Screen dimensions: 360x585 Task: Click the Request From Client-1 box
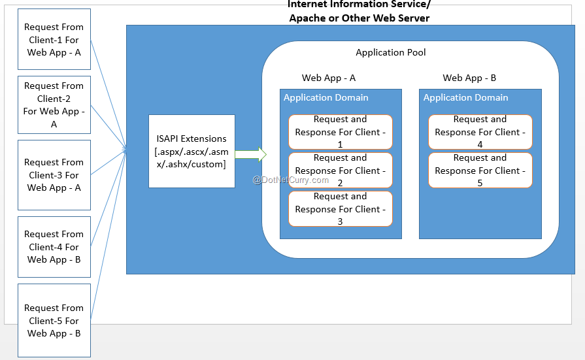(54, 39)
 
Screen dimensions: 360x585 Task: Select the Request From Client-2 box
(54, 105)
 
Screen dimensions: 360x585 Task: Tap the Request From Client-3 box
(54, 174)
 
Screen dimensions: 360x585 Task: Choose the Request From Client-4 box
(54, 246)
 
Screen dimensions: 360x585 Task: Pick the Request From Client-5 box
(54, 320)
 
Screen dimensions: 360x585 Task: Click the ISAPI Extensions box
(191, 151)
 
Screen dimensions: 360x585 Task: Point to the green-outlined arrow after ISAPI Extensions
(251, 155)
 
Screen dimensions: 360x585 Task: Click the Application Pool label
(390, 52)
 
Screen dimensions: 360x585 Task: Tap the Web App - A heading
(328, 78)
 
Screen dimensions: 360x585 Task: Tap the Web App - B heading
(469, 78)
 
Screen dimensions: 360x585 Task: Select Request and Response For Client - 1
(340, 132)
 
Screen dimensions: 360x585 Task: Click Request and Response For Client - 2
(340, 171)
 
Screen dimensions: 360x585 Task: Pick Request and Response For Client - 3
(340, 209)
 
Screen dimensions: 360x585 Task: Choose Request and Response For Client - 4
(480, 132)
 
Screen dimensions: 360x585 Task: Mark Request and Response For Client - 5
(480, 171)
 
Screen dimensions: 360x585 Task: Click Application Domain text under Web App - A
(326, 97)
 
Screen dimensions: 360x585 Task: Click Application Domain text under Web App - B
(465, 97)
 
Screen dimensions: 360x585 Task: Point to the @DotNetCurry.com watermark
(291, 180)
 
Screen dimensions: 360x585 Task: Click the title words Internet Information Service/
(359, 5)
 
